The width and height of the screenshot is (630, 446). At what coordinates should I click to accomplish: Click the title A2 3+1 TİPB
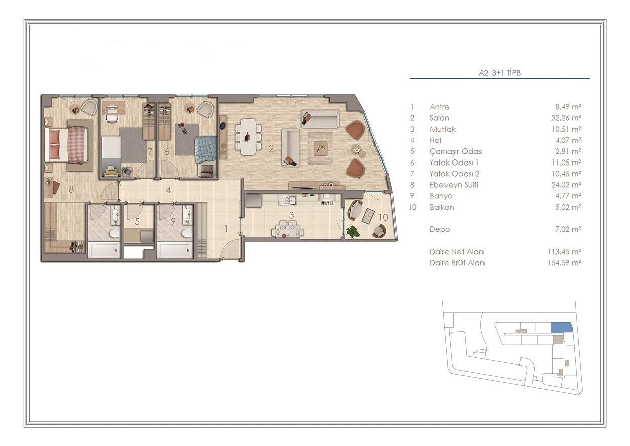499,73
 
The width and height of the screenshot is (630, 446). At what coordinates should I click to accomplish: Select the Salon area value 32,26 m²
566,118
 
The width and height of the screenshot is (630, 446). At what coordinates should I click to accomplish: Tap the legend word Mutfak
442,129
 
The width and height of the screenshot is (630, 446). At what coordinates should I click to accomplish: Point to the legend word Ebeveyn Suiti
454,185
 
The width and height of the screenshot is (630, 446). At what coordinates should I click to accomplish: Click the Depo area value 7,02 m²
568,229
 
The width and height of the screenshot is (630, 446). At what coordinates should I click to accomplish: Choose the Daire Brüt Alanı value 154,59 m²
564,263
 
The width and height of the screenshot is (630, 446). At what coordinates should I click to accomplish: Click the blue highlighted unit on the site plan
562,328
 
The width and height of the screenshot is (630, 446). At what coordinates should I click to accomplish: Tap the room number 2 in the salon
271,148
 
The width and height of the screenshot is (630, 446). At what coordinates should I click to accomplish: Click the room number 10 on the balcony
383,217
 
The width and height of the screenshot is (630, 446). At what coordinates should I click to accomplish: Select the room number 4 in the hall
168,190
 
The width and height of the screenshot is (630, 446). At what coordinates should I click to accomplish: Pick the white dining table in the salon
248,137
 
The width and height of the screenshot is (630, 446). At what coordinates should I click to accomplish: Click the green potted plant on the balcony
353,232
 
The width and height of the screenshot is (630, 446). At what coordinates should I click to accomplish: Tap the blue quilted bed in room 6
206,150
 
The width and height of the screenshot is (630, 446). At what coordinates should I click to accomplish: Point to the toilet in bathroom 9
186,234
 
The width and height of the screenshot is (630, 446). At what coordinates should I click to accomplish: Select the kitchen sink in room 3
286,200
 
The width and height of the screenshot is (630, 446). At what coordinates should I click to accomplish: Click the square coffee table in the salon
321,148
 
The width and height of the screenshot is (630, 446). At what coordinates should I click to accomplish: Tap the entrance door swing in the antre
230,249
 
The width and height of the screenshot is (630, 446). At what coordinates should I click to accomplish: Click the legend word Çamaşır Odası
456,151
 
